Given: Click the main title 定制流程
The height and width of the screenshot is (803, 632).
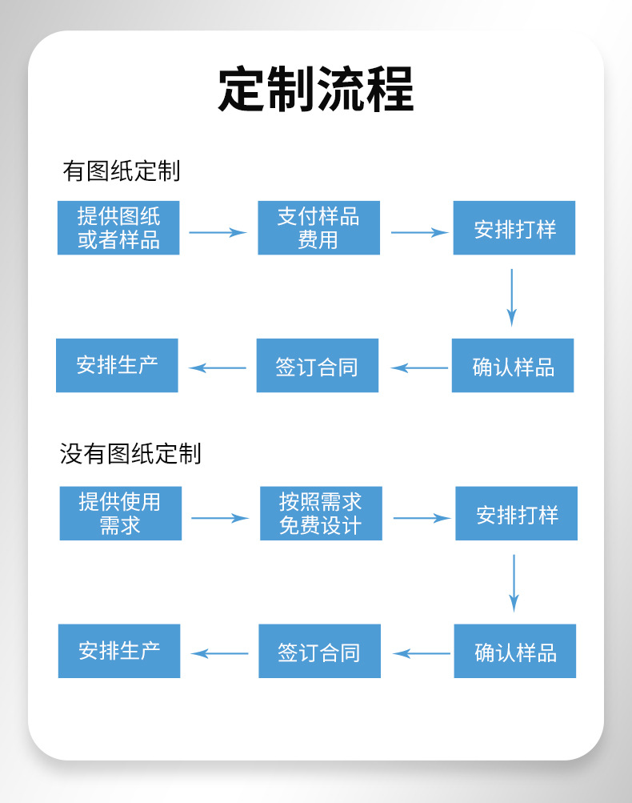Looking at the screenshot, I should pyautogui.click(x=316, y=89).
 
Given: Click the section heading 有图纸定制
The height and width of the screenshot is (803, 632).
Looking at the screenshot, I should pyautogui.click(x=121, y=171).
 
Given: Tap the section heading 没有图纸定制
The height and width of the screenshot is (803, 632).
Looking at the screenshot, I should pyautogui.click(x=130, y=454).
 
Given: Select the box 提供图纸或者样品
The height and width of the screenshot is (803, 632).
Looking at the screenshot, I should pyautogui.click(x=118, y=228).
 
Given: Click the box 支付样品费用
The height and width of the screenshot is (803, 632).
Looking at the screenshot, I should pyautogui.click(x=318, y=228).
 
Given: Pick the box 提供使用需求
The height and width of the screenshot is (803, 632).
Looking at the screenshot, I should pyautogui.click(x=120, y=513).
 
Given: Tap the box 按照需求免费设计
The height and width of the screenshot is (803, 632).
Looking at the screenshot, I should pyautogui.click(x=321, y=513).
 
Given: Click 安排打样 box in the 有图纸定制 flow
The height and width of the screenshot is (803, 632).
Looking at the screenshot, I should pyautogui.click(x=514, y=228).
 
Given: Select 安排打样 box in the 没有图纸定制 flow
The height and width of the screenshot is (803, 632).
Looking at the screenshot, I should pyautogui.click(x=516, y=513).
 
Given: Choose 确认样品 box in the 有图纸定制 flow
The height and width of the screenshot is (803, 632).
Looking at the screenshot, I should pyautogui.click(x=512, y=366).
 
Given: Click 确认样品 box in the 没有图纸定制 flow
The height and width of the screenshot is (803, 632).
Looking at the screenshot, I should pyautogui.click(x=514, y=651).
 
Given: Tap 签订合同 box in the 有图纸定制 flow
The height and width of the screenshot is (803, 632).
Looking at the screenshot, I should pyautogui.click(x=317, y=366).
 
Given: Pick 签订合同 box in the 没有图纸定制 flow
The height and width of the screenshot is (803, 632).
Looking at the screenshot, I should pyautogui.click(x=319, y=651).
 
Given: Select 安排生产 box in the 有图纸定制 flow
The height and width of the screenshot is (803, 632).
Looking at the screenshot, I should pyautogui.click(x=117, y=365).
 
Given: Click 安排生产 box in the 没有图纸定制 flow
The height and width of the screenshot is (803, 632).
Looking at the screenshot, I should pyautogui.click(x=119, y=650).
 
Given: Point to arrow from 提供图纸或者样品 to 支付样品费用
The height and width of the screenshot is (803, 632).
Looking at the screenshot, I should pyautogui.click(x=218, y=232).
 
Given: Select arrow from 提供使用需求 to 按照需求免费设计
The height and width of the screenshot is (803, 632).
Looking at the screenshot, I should pyautogui.click(x=220, y=518).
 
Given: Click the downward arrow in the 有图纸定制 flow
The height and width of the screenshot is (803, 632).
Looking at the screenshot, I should pyautogui.click(x=511, y=297).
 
